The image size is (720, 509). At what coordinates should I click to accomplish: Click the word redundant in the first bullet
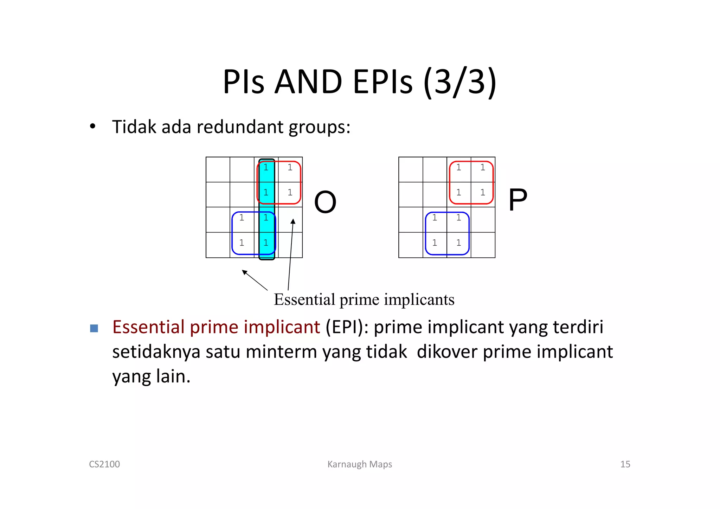240,127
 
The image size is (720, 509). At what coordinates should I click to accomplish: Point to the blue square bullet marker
94,328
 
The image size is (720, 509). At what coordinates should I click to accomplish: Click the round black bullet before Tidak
92,126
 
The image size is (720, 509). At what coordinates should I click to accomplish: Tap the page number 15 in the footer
625,464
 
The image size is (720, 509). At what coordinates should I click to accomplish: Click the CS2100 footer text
104,464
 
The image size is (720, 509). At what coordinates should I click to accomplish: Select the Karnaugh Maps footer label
360,464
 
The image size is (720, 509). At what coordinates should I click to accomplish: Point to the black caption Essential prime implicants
364,299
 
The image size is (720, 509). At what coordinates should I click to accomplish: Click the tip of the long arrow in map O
293,220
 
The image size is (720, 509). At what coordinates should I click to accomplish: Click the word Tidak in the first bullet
134,127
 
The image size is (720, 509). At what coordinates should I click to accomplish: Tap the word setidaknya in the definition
156,352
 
